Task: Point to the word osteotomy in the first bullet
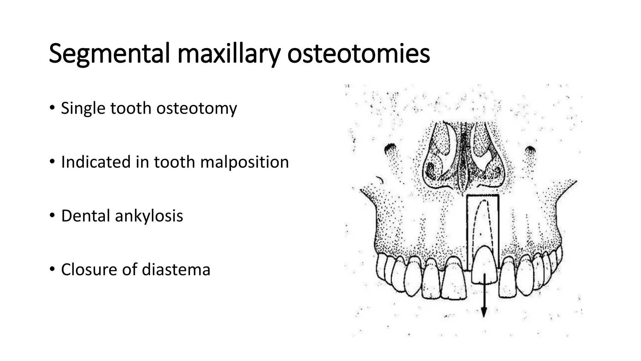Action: click(x=197, y=108)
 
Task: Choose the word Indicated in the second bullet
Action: click(x=95, y=162)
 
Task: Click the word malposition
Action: click(x=244, y=162)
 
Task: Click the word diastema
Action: click(x=176, y=269)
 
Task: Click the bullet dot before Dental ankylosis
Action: click(x=52, y=215)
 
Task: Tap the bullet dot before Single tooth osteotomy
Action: click(x=52, y=107)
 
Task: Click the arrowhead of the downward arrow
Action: click(x=484, y=312)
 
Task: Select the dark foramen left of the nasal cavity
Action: click(x=390, y=147)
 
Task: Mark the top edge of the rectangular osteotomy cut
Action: click(x=483, y=195)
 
